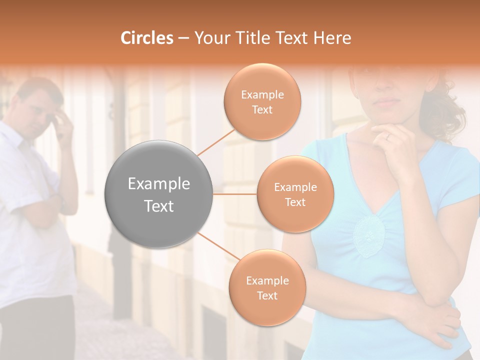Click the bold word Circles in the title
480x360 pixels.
(147, 38)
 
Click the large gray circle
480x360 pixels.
(159, 194)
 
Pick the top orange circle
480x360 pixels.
(262, 101)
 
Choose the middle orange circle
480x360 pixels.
(295, 194)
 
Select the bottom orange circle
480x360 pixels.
(267, 287)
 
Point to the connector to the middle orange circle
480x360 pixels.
(235, 194)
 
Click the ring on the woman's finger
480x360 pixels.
(387, 135)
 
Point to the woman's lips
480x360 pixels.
(387, 102)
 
